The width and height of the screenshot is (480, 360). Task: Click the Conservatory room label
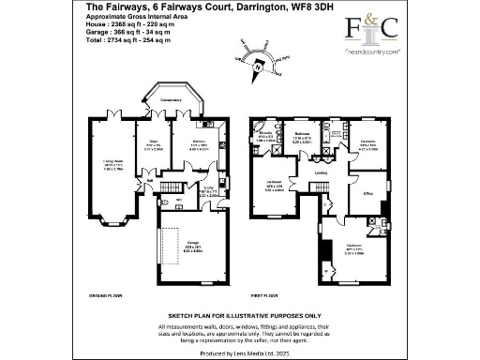tap(171, 100)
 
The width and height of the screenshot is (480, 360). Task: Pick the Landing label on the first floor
tap(321, 172)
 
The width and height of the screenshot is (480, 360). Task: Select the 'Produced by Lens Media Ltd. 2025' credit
tap(239, 352)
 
